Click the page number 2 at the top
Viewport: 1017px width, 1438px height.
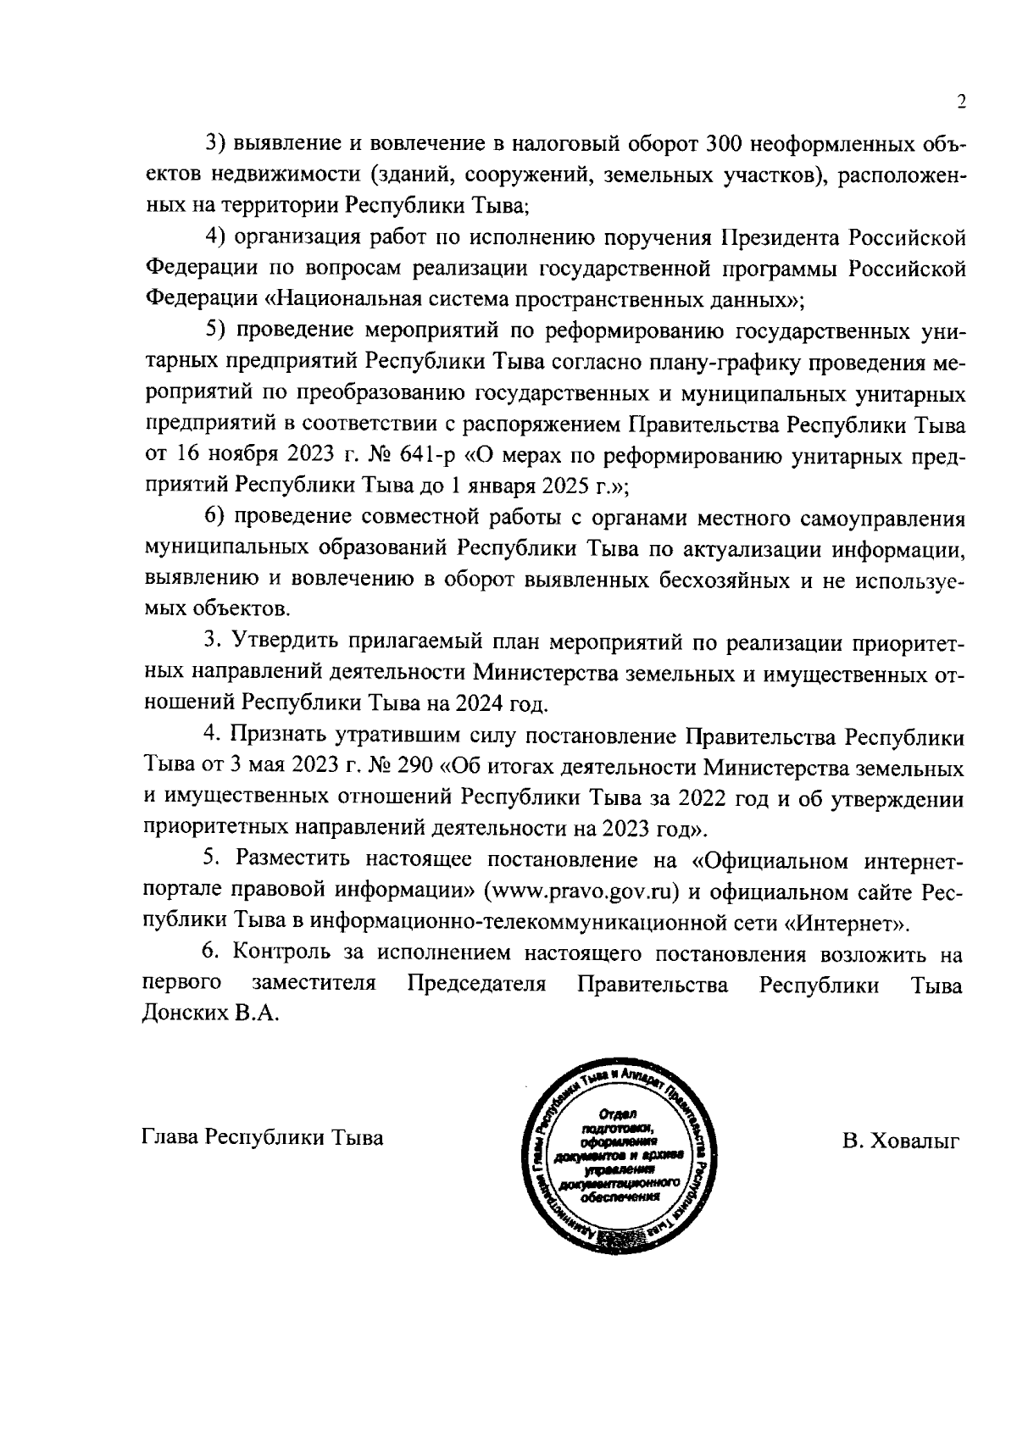[x=960, y=103]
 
